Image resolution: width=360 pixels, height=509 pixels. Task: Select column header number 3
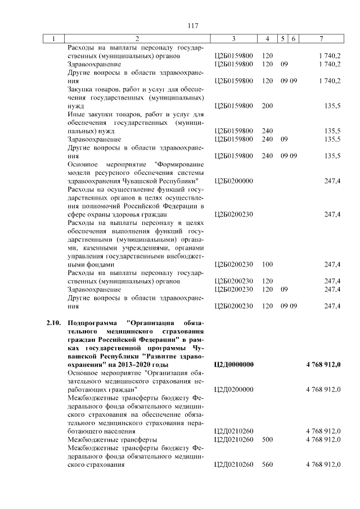tap(233, 38)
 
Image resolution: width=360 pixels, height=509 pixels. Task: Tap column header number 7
tap(321, 38)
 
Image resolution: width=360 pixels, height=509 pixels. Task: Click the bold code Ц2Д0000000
tap(234, 364)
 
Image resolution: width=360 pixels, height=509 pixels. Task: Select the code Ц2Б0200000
tap(234, 181)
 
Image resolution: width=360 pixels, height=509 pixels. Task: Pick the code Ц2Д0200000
tap(234, 389)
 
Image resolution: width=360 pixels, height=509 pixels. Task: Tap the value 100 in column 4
tap(267, 264)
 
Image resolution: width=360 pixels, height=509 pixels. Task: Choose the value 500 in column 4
tap(267, 439)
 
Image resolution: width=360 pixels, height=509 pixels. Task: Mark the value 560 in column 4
tap(267, 464)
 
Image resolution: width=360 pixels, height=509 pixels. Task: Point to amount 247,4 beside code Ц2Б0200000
tap(332, 181)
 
